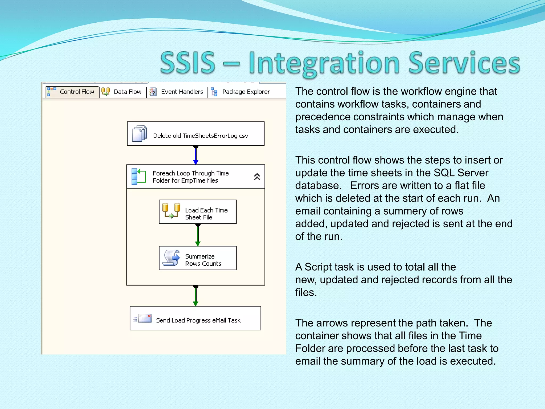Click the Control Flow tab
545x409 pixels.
pyautogui.click(x=72, y=92)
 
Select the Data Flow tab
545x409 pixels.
pyautogui.click(x=122, y=92)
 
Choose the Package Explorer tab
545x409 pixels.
pyautogui.click(x=241, y=92)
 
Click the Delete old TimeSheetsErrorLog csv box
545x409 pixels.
pyautogui.click(x=196, y=134)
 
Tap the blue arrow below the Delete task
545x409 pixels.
pyautogui.click(x=196, y=155)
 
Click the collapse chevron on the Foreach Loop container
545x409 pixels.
pyautogui.click(x=257, y=177)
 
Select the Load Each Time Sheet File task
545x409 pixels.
pyautogui.click(x=198, y=212)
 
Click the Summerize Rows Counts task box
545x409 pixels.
pyautogui.click(x=198, y=258)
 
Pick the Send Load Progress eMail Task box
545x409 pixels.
pyautogui.click(x=196, y=318)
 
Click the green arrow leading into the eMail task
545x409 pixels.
pyautogui.click(x=196, y=296)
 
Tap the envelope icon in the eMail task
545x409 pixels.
pyautogui.click(x=144, y=318)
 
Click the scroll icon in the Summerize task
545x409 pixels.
pyautogui.click(x=171, y=258)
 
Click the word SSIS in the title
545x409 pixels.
pyautogui.click(x=188, y=63)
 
